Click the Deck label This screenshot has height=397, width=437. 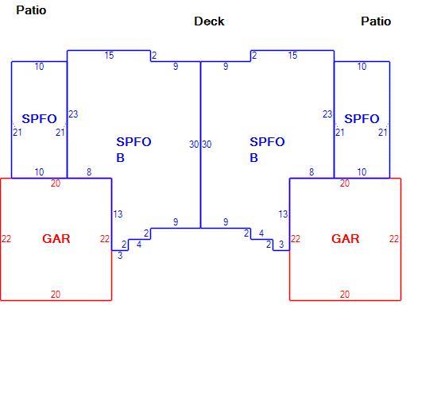(209, 21)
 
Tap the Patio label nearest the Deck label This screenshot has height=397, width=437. (376, 21)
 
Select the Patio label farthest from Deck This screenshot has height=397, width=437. (31, 10)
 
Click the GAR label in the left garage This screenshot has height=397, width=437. (56, 239)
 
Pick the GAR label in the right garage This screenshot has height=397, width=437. (346, 239)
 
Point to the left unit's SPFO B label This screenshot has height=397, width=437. (133, 150)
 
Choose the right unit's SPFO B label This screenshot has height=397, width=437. (267, 150)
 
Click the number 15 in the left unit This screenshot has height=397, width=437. (110, 56)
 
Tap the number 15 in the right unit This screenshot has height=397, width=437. (292, 56)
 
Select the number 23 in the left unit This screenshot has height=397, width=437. (73, 114)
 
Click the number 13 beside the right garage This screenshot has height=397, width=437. (283, 214)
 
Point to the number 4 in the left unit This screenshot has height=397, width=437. (139, 245)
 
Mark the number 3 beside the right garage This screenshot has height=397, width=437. (281, 245)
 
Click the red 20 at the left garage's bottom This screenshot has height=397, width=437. (56, 295)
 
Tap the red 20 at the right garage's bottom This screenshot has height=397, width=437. (345, 295)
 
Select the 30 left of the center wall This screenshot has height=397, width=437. (194, 145)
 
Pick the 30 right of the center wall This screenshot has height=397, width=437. (207, 145)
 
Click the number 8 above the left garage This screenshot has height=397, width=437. (89, 172)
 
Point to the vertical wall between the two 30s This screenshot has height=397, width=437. (200, 145)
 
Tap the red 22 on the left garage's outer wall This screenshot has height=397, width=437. (6, 239)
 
